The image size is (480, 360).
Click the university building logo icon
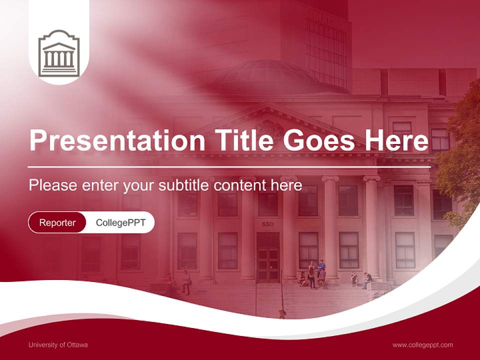tap(59, 53)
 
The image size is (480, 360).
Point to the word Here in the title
tap(396, 140)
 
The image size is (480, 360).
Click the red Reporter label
tap(57, 222)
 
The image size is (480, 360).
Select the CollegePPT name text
tap(120, 222)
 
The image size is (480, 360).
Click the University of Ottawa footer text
tap(58, 345)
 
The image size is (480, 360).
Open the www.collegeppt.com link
tap(422, 345)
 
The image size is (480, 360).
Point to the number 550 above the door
tap(267, 224)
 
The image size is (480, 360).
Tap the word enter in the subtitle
tap(101, 185)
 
